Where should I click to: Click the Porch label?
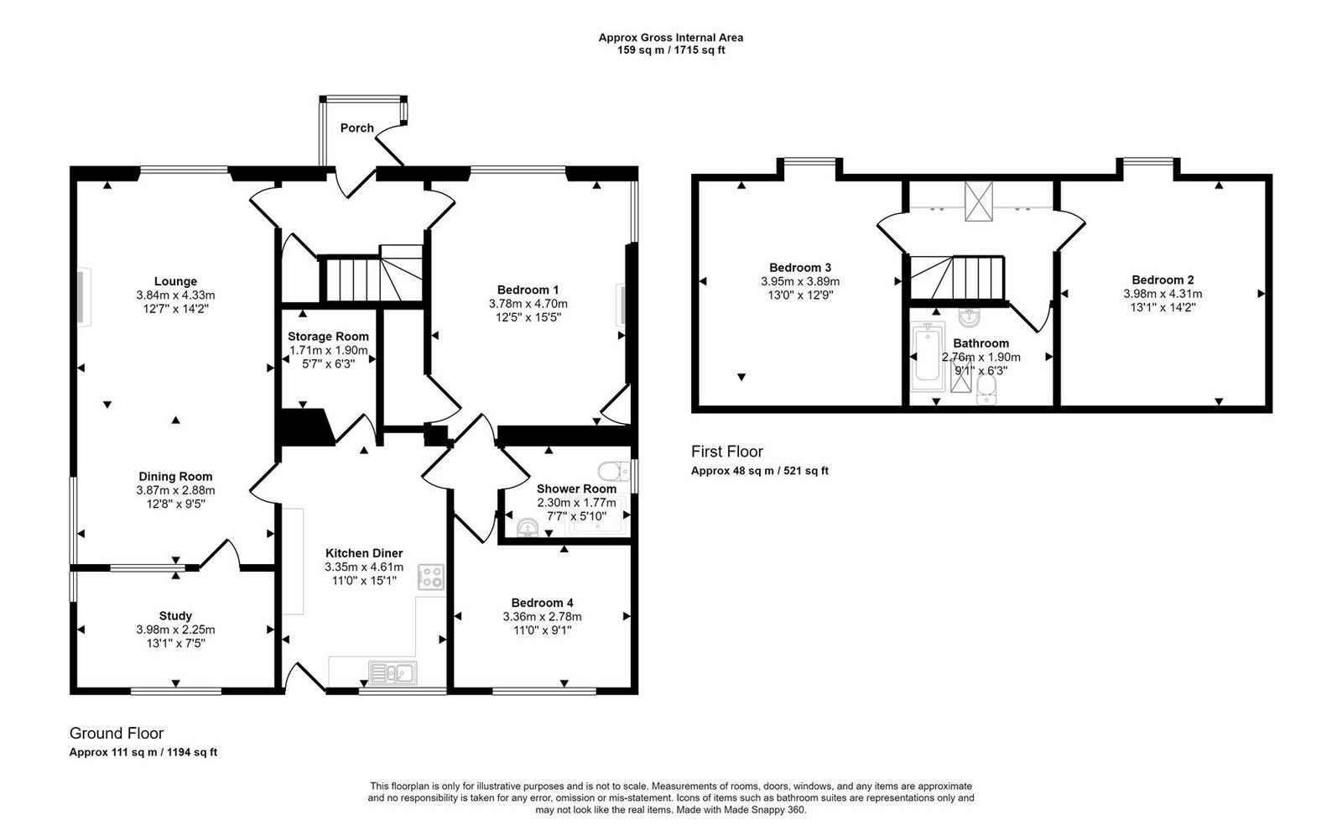[x=356, y=128]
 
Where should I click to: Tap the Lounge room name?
[x=175, y=281]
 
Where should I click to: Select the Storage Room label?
[x=328, y=337]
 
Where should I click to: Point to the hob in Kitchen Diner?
[x=432, y=577]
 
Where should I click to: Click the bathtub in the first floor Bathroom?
[x=928, y=358]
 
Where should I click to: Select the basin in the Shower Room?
[x=528, y=527]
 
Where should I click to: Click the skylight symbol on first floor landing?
[x=977, y=201]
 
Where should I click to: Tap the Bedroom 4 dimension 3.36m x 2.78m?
[x=542, y=617]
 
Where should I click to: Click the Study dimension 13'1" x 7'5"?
[x=175, y=643]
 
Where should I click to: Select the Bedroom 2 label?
[x=1163, y=280]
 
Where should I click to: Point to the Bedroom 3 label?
[x=800, y=268]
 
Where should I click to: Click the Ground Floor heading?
[x=117, y=734]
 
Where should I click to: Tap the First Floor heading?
[x=727, y=452]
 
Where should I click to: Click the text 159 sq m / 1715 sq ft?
[x=670, y=50]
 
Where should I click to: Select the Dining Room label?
[x=175, y=476]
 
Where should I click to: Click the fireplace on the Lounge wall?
[x=82, y=296]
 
